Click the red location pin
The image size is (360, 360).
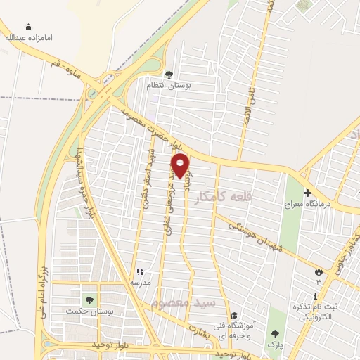point(181,166)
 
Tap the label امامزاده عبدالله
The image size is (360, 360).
point(29,37)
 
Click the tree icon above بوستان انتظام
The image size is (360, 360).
point(168,74)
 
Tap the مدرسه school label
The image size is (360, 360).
point(139,283)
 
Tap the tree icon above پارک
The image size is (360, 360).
point(274,334)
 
